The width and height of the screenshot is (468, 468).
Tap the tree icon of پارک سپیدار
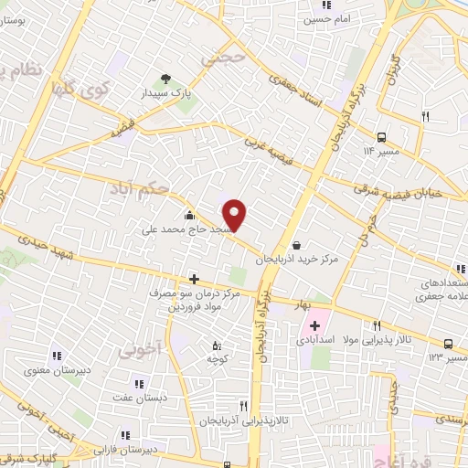(165, 79)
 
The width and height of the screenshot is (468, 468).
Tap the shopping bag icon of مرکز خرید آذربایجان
(298, 245)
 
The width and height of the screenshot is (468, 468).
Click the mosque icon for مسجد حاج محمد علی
(188, 216)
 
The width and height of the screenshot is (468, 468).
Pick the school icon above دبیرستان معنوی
(56, 356)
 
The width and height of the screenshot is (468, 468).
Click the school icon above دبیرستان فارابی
(125, 435)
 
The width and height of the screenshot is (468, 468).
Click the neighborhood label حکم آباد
(139, 187)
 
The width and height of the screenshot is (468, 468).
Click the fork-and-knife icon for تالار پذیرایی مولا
(377, 324)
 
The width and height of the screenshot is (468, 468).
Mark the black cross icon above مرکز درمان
(193, 279)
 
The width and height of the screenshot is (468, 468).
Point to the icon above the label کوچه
(217, 346)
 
